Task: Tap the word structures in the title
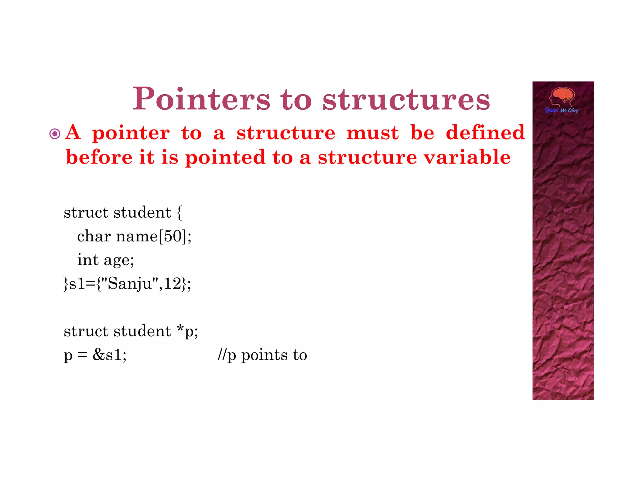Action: tap(406, 99)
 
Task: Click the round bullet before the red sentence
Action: tap(55, 134)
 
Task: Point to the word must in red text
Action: tap(372, 133)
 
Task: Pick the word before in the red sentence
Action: tap(99, 157)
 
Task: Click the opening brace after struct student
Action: tap(179, 212)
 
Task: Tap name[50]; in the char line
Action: tap(154, 236)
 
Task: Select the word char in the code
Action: tap(94, 236)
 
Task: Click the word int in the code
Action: tap(88, 260)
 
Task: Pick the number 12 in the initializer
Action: tap(173, 283)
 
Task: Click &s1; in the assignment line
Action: tap(109, 355)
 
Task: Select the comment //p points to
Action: tap(262, 355)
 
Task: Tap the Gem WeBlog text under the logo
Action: tap(561, 110)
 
